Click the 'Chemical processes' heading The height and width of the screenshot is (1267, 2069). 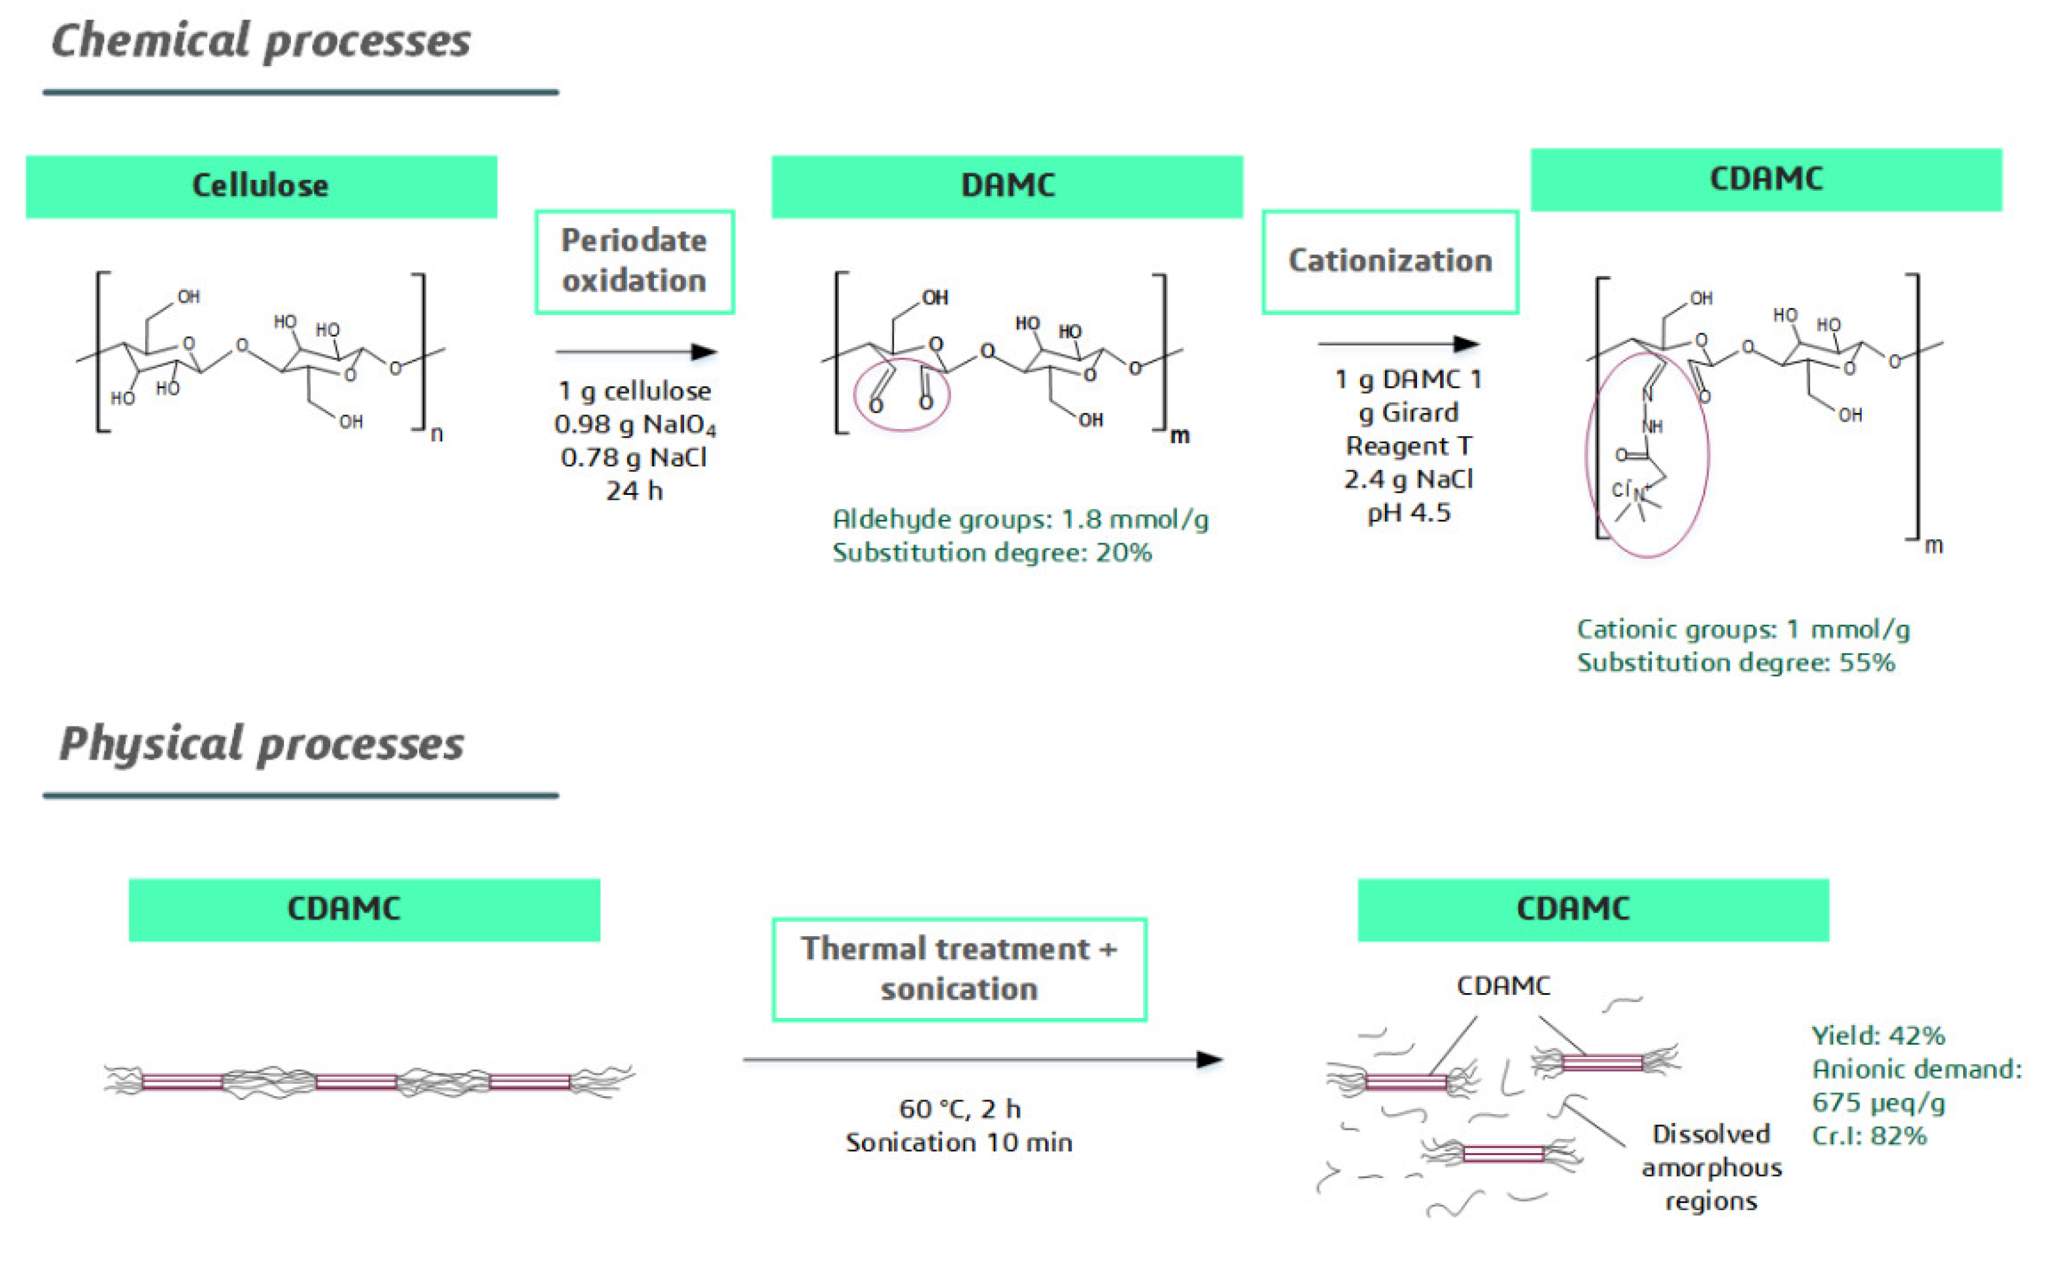[x=260, y=41]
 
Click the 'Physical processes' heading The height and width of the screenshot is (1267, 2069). [x=260, y=744]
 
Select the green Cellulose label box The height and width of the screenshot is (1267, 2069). [x=260, y=186]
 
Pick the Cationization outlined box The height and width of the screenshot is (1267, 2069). [x=1390, y=261]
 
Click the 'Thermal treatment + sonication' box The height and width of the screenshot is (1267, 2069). [x=959, y=969]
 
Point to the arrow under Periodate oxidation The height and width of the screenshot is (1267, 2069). [x=636, y=352]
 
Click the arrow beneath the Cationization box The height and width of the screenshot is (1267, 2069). [x=1397, y=343]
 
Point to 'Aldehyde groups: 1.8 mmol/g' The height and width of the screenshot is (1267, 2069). [x=1019, y=519]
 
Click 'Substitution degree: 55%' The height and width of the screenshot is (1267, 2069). [x=1735, y=662]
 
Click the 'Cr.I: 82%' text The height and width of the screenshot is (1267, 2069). [x=1868, y=1136]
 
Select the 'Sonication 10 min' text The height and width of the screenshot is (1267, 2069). [x=958, y=1143]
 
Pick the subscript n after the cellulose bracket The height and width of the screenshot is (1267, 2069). [x=437, y=434]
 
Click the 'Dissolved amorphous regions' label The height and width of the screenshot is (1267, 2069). [x=1711, y=1167]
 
